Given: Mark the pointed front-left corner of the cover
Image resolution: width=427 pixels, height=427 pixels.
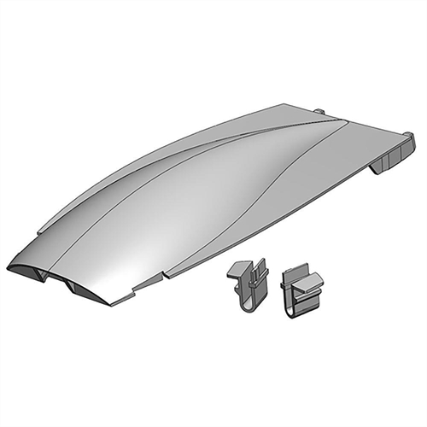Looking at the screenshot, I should click(9, 266).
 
